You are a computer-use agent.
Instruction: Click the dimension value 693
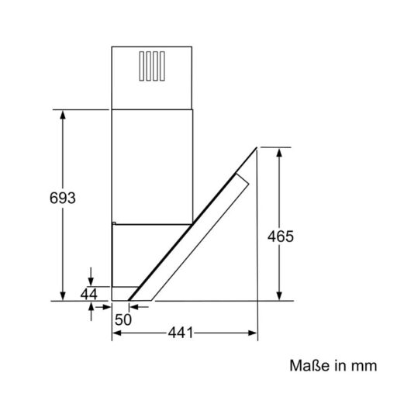[61, 198]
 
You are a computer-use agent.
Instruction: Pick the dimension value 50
[123, 318]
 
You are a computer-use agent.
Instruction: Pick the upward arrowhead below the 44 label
[91, 305]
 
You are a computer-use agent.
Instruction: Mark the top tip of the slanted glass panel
[255, 148]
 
